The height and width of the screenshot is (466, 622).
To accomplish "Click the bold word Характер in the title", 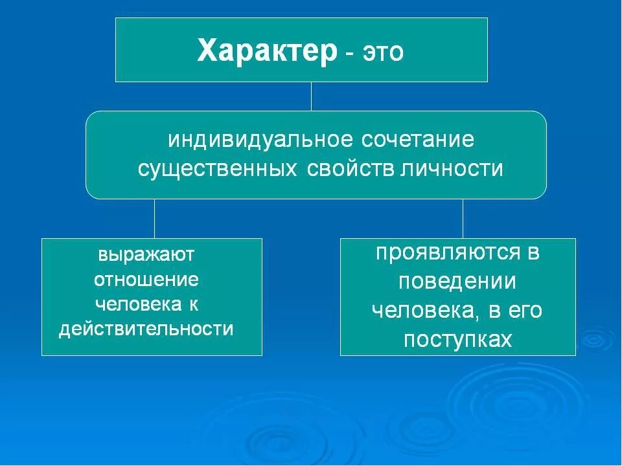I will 267,51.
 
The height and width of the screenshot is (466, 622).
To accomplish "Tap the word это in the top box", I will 383,52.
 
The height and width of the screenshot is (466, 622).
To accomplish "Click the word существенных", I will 218,168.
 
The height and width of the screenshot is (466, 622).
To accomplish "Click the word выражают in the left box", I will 146,254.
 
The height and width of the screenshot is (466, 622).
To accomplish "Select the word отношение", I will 146,279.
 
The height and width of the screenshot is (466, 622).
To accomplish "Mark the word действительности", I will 146,329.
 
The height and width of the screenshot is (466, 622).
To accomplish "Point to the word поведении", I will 457,282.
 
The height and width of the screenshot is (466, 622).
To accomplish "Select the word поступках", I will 457,340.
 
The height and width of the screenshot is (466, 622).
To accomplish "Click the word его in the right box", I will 525,311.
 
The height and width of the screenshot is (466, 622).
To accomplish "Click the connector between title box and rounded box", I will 311,96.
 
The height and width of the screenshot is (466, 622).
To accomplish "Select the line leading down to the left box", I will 154,218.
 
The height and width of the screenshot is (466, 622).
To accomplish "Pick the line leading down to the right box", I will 463,218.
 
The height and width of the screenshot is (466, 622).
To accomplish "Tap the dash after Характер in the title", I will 349,54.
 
